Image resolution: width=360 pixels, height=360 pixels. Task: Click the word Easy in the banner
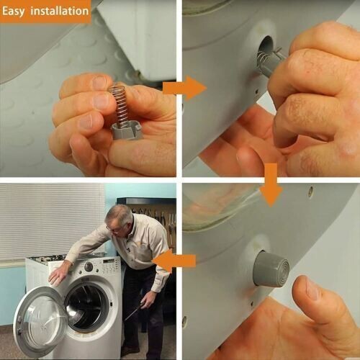13,12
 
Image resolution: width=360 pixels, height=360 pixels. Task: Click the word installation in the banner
60,11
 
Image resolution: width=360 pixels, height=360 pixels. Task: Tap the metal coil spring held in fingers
119,103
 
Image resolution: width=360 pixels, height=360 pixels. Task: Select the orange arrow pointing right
184,88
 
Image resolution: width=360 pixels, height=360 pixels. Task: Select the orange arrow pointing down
271,184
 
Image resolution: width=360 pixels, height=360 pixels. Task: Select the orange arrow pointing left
174,261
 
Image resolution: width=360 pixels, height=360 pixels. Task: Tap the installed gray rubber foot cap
271,269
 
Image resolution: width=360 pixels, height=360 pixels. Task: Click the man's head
119,219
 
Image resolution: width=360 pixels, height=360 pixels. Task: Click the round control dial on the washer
89,266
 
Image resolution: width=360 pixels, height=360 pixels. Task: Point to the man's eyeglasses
114,229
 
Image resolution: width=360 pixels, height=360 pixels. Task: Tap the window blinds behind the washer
52,221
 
